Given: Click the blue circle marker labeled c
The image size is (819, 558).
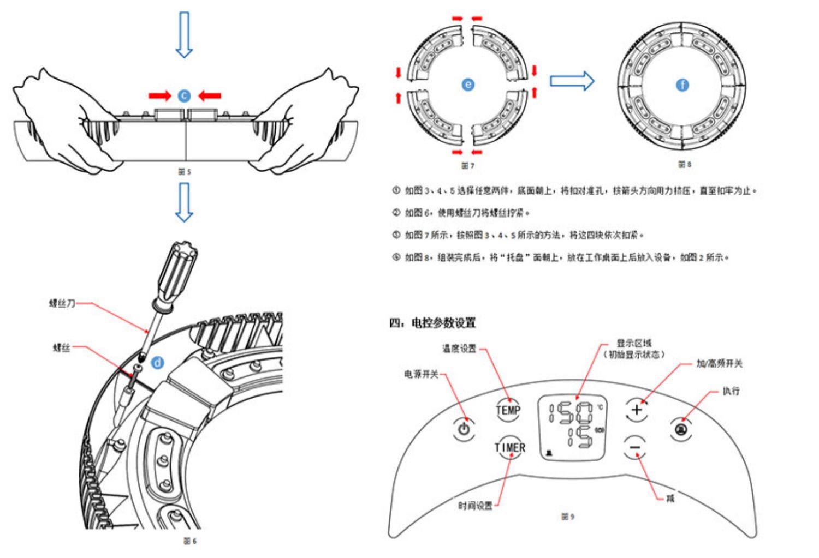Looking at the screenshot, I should coord(185,95).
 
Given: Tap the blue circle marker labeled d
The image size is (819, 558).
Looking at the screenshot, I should coord(157,362).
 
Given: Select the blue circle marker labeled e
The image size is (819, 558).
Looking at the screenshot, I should coord(468,84).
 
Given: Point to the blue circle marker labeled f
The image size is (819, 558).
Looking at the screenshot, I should coord(682,85).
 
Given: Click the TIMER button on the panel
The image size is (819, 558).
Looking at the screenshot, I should coord(510,448).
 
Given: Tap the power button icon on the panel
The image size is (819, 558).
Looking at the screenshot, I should coord(464,428).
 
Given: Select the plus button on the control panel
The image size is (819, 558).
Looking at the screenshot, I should coord(636,409).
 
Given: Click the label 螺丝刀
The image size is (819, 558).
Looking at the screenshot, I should coord(62,303).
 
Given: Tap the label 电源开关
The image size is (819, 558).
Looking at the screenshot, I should coord(421,374).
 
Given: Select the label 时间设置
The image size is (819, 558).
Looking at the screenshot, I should coord(475,506).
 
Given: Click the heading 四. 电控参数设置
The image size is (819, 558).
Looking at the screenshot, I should coord(432,323).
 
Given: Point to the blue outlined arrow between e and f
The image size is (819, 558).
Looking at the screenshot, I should coord(571,81).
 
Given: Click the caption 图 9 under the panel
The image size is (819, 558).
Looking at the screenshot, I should coord(568,516).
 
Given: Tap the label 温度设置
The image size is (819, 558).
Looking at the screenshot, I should coord(459,349).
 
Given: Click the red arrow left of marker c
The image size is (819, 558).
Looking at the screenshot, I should coord(159,96).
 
